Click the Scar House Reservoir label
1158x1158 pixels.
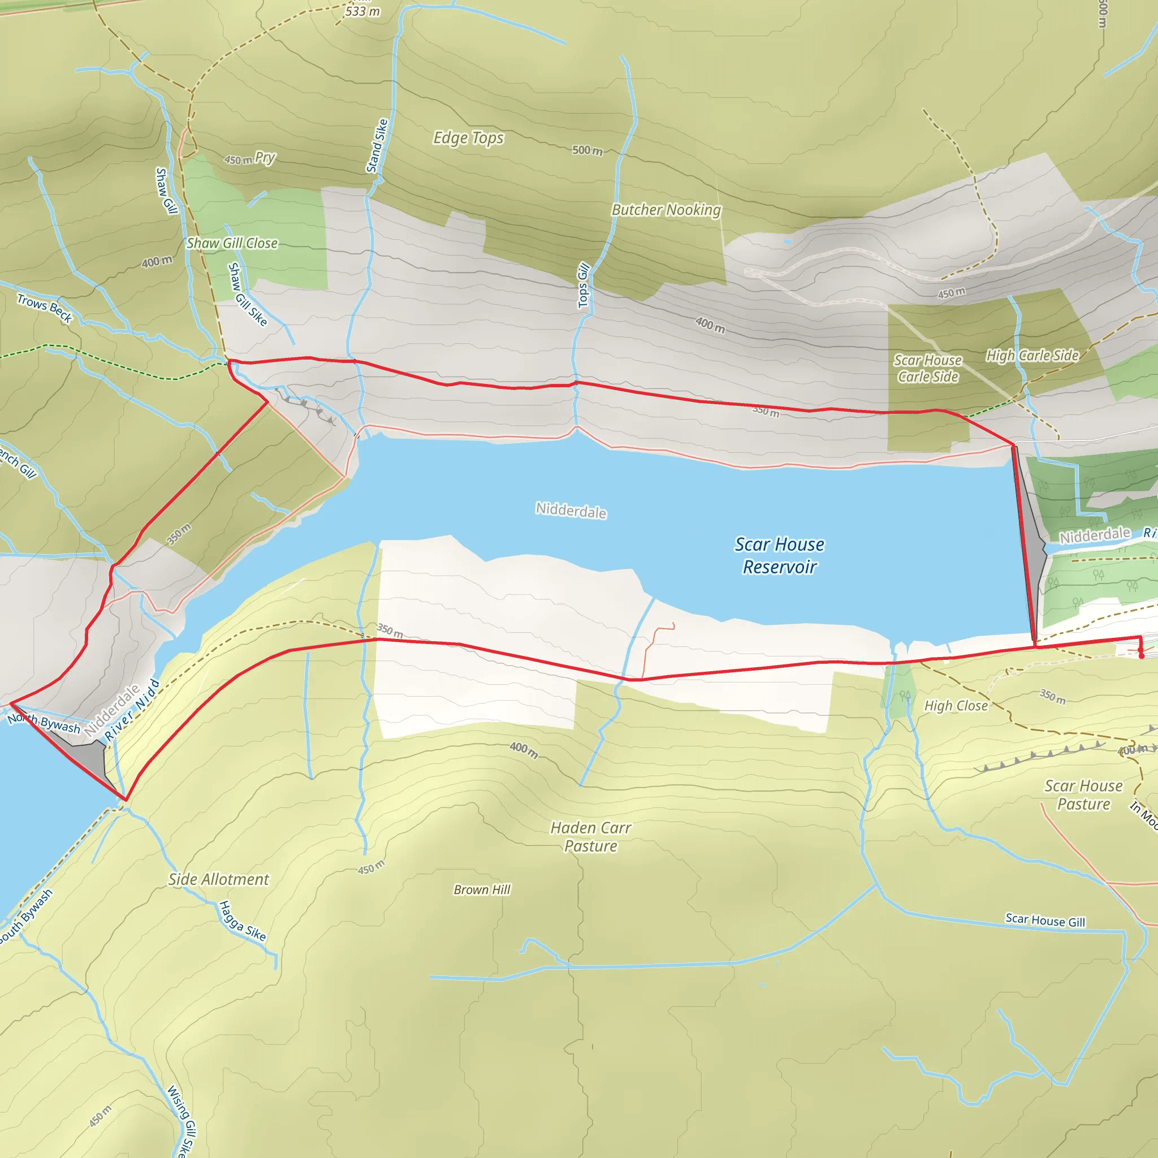point(779,555)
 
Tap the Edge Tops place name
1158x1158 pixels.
point(468,138)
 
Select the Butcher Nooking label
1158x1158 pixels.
point(666,210)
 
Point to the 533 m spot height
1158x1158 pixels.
point(362,11)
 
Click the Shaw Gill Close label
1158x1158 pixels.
point(232,243)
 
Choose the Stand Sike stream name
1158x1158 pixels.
point(377,146)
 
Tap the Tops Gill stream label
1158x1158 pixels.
point(583,286)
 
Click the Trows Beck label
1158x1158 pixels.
point(44,308)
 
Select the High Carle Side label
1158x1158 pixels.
point(1032,356)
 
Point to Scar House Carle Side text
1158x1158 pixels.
point(927,368)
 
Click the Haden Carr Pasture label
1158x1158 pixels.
point(590,837)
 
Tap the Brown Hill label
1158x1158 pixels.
point(482,889)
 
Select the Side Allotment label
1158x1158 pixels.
point(218,879)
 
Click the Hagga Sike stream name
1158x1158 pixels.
point(242,921)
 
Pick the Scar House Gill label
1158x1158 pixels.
point(1045,920)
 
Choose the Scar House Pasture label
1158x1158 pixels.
point(1083,794)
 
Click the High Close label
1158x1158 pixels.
point(956,706)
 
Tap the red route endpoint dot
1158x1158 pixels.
point(1141,656)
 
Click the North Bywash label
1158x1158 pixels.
point(44,723)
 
